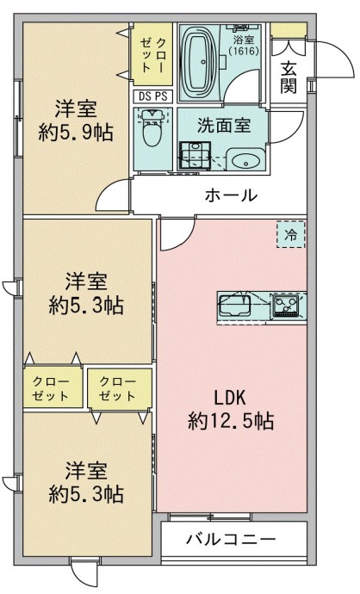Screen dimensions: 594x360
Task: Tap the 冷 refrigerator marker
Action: pos(290,233)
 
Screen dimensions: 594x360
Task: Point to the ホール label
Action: pos(230,195)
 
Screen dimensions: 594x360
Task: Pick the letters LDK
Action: pos(230,398)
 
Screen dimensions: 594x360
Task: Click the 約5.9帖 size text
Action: pos(77,133)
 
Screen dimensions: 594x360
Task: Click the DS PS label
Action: pos(152,96)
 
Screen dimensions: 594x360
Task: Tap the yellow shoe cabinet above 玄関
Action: pos(288,31)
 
